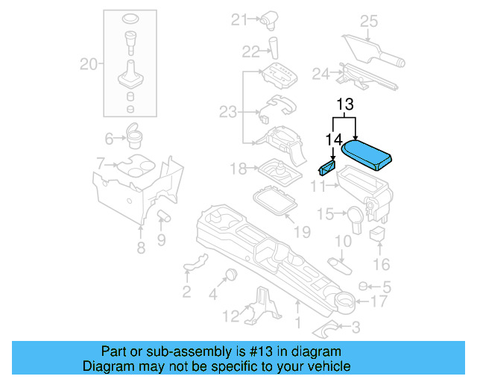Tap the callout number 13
(344, 104)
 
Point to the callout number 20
(89, 65)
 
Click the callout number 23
(227, 112)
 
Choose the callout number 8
(141, 248)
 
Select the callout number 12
(232, 316)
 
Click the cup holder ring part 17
(344, 301)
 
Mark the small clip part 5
(363, 286)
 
